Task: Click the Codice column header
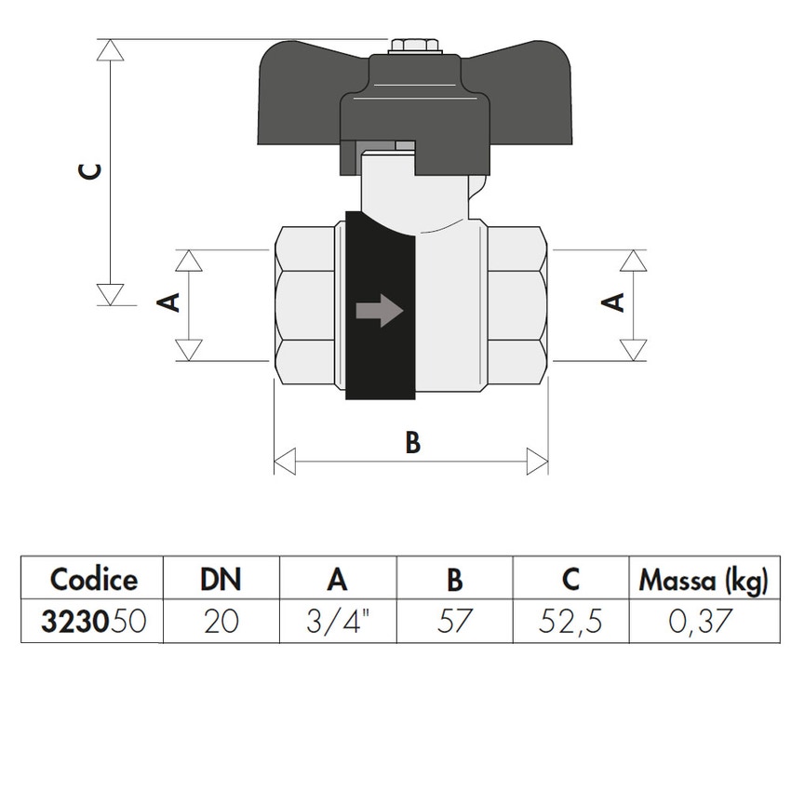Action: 93,580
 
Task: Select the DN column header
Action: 221,580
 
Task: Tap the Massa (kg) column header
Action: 703,581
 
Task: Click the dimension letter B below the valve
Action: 412,443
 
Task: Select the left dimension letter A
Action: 170,302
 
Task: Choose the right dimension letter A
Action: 613,302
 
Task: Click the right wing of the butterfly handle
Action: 530,93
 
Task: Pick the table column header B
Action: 454,580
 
